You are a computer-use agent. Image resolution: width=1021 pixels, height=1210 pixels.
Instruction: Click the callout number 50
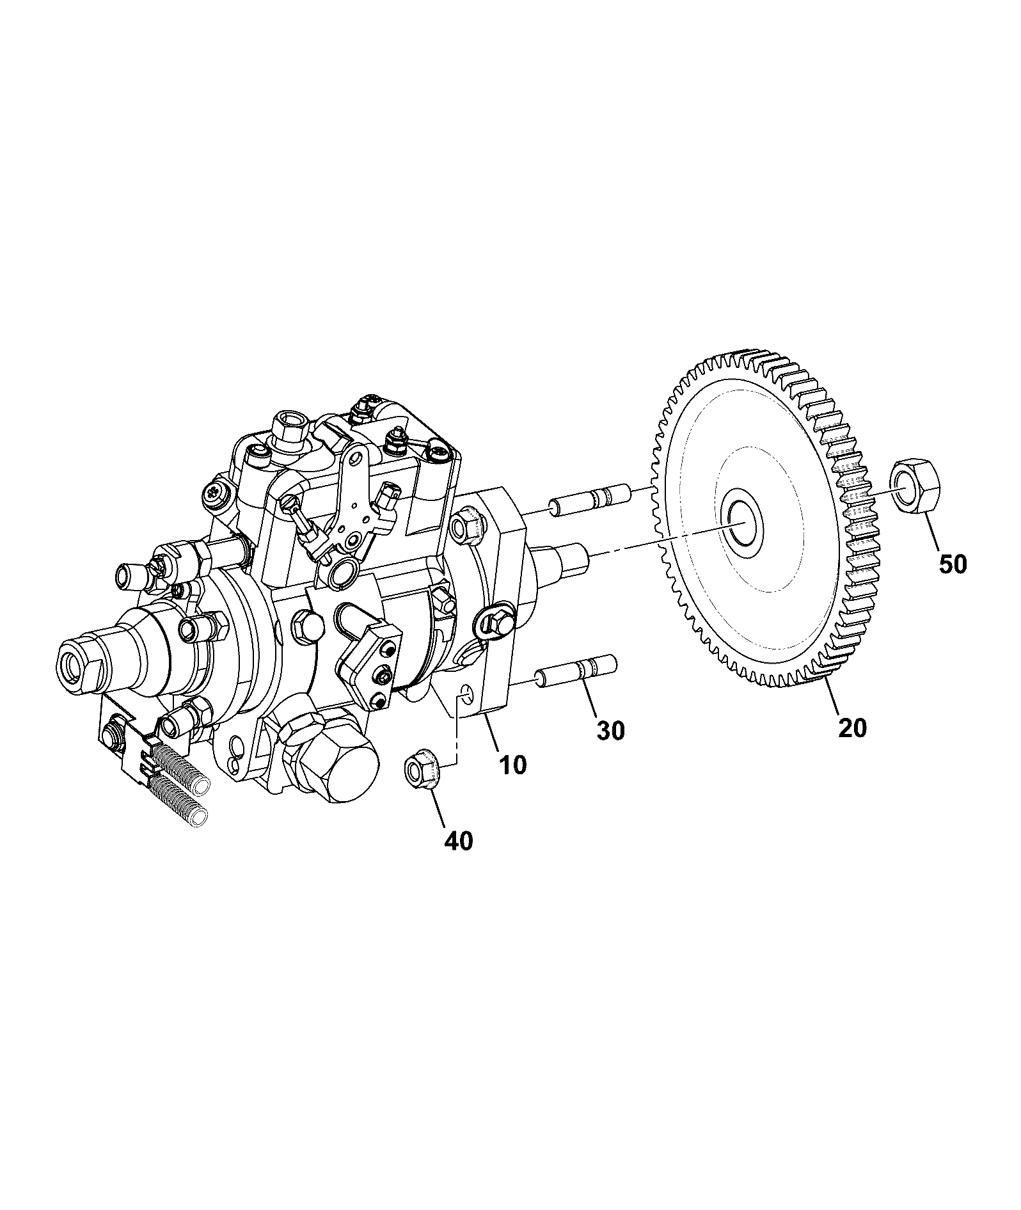(x=953, y=564)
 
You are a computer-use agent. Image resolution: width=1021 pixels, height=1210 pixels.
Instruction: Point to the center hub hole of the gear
(x=742, y=521)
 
